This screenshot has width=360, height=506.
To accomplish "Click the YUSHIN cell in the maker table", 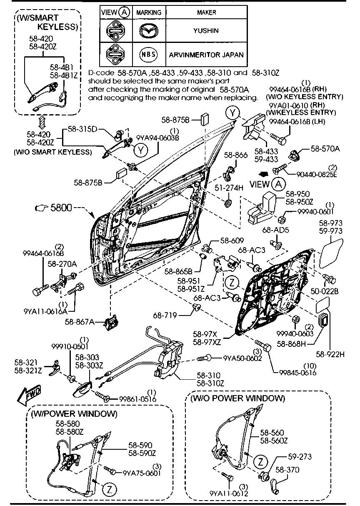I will [206, 31].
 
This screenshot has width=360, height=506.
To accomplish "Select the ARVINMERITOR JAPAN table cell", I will [206, 55].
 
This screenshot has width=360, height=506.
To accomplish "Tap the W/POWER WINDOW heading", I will [74, 413].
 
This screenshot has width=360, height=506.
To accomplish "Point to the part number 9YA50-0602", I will [242, 358].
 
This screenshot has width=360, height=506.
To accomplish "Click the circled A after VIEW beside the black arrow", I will [278, 184].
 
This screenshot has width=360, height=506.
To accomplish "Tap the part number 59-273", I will [299, 457].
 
